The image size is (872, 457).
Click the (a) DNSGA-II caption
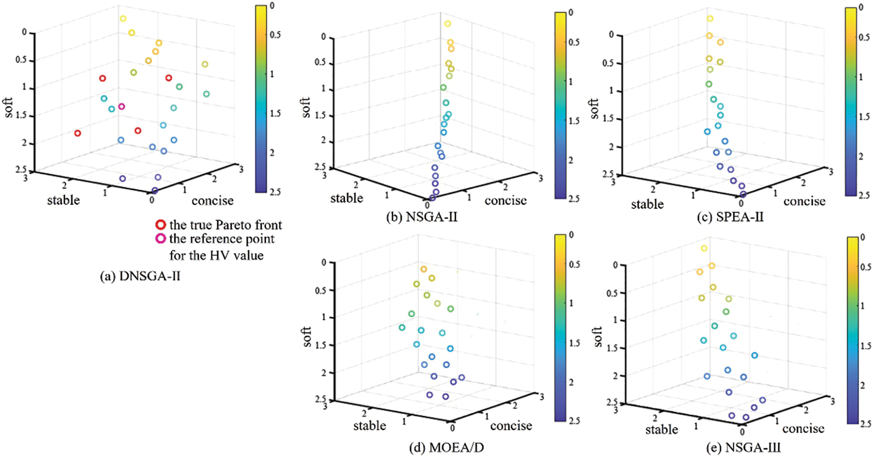(140, 276)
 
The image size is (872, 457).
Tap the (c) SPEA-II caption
(730, 217)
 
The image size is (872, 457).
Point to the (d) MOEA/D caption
(446, 447)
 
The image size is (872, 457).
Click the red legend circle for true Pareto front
(160, 225)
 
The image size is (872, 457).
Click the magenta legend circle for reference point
(160, 239)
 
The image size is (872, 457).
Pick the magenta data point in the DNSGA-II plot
(122, 106)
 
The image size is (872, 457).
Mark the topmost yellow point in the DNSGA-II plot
(123, 19)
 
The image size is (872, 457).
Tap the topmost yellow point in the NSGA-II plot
(447, 24)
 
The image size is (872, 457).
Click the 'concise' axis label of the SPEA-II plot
(804, 201)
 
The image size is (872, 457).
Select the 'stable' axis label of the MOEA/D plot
(369, 426)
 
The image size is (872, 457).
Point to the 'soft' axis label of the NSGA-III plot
(598, 336)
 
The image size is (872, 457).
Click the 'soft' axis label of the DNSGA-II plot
(9, 107)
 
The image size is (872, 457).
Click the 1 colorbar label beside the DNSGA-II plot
(272, 74)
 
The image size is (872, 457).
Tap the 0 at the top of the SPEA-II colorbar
(861, 8)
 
